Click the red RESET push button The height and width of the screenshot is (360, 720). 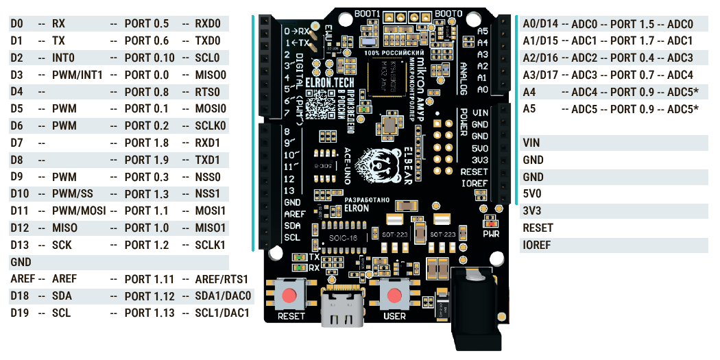pos(291,296)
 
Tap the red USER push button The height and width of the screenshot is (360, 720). pos(395,296)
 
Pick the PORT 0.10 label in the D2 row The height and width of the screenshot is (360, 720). pos(149,58)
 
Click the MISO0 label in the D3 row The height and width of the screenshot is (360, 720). pos(211,75)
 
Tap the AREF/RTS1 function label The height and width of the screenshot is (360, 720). pos(221,279)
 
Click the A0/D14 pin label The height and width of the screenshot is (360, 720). pos(540,24)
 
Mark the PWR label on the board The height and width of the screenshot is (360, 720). pos(491,233)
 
